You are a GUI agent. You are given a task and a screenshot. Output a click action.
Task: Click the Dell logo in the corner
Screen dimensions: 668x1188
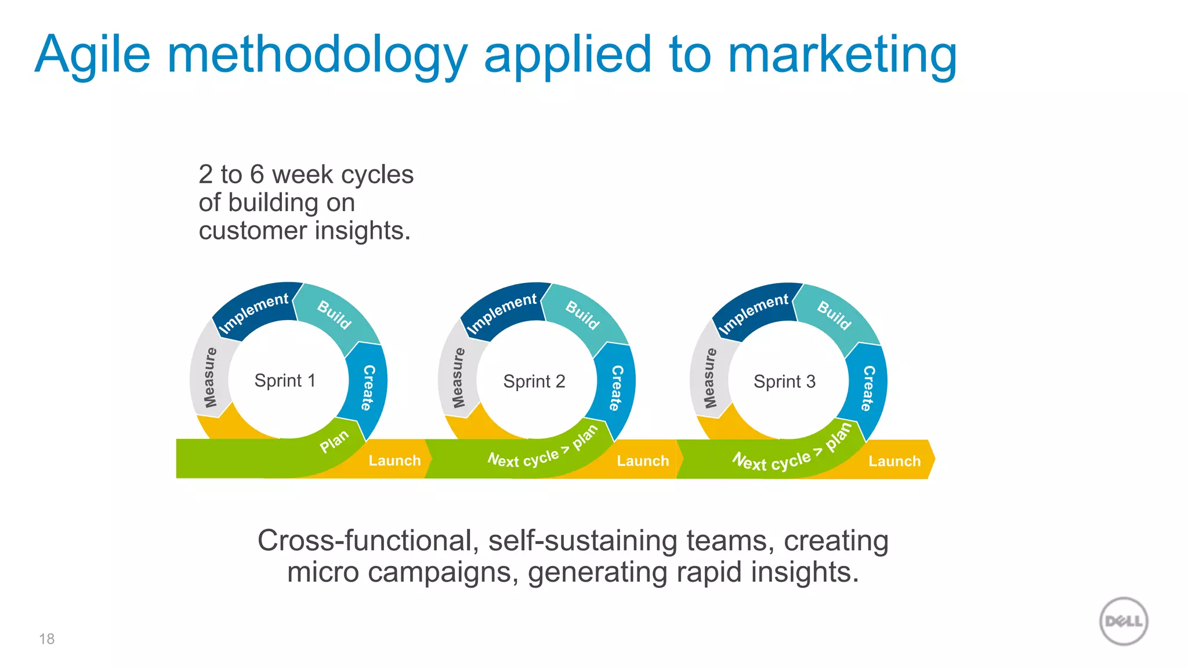coord(1124,621)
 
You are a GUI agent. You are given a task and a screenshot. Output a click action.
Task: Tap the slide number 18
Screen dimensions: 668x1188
coord(46,639)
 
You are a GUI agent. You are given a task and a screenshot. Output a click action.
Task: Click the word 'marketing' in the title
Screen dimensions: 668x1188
coord(842,55)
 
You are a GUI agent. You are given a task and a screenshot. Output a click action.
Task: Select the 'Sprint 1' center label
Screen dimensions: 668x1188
coord(285,381)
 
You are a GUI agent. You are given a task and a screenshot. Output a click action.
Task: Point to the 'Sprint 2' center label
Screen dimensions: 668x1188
coord(534,382)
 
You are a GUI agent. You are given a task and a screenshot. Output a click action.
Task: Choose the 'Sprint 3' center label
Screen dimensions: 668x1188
coord(784,382)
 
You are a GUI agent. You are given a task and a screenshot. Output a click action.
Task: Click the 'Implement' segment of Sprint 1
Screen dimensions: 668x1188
coord(254,312)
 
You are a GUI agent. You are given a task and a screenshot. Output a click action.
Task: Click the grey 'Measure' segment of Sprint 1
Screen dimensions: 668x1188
coord(210,377)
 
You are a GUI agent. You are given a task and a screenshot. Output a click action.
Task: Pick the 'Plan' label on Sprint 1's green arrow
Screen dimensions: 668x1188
coord(334,442)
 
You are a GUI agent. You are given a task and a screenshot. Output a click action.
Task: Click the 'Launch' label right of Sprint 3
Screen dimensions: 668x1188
coord(894,462)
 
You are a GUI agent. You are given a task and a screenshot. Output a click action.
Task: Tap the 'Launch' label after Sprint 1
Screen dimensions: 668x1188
coord(394,461)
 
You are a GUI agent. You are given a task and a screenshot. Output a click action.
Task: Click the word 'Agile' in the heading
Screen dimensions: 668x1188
coord(93,55)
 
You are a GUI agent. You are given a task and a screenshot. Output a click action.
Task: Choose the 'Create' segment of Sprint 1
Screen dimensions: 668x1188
coord(368,387)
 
